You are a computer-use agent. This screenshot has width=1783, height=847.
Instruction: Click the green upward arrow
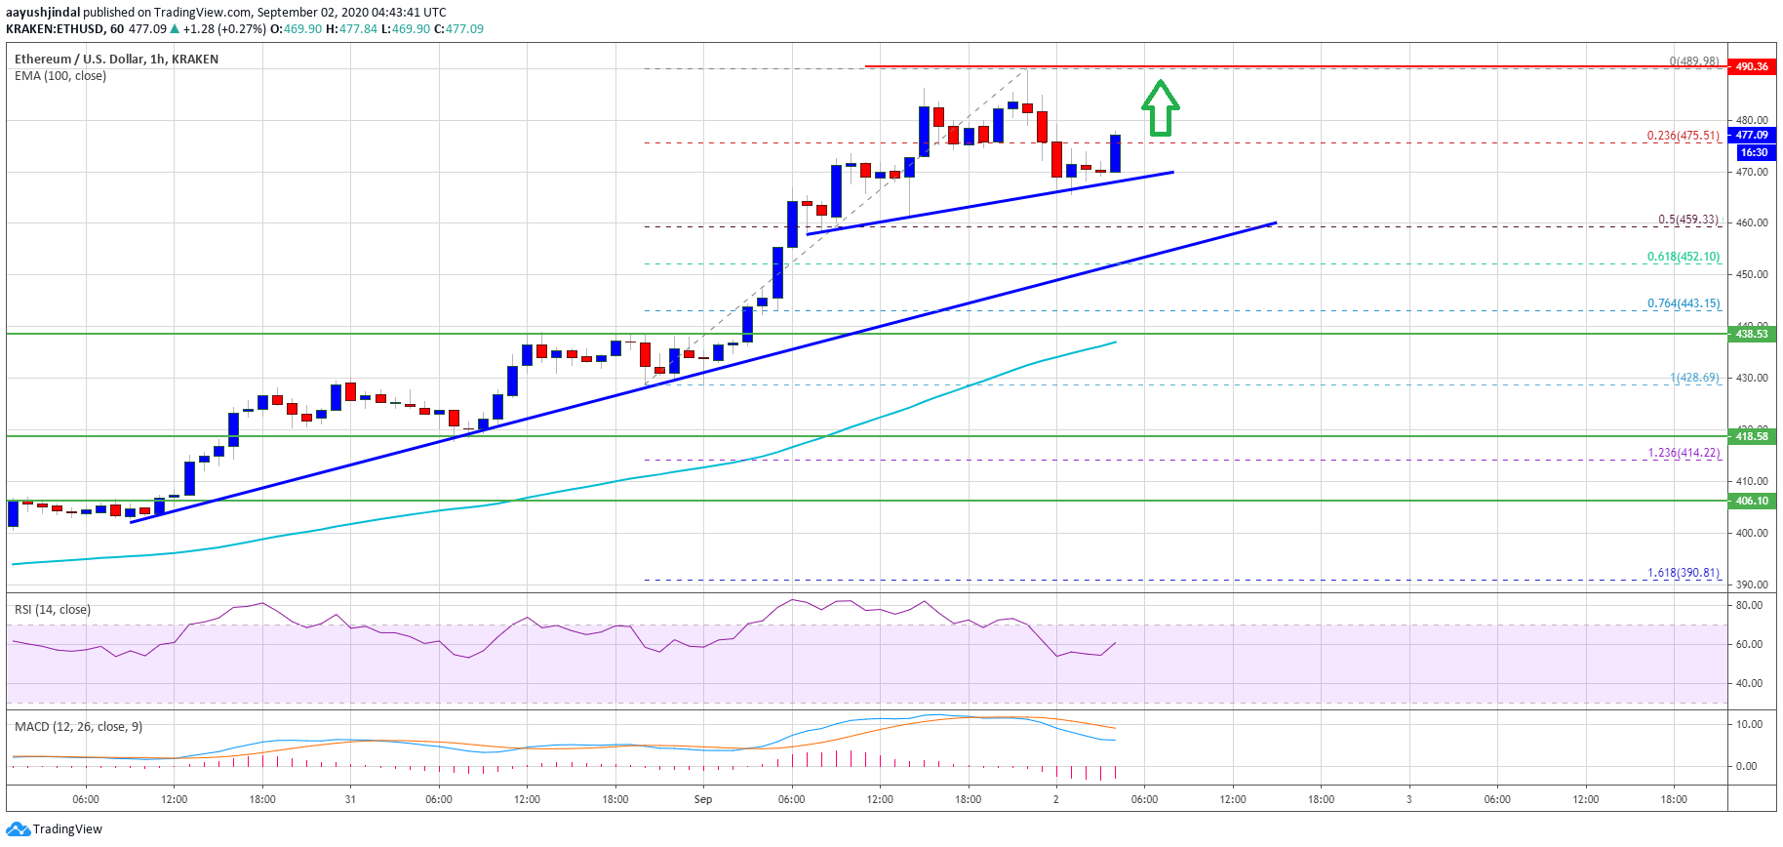point(1161,108)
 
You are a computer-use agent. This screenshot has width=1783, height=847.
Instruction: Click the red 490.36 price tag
point(1752,66)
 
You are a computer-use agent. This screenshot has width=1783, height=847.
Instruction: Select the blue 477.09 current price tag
point(1752,136)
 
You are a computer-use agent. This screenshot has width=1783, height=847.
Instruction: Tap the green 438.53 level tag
point(1752,334)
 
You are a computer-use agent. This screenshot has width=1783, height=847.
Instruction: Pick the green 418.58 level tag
point(1752,436)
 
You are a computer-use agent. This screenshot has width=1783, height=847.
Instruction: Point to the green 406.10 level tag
point(1752,501)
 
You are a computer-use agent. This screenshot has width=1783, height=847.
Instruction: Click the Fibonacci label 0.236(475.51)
point(1683,136)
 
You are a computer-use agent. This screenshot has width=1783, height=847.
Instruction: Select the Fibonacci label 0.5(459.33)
point(1688,220)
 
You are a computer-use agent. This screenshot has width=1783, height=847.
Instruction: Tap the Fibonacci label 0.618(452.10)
point(1684,257)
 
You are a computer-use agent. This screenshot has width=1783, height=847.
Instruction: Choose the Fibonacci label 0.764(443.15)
point(1684,303)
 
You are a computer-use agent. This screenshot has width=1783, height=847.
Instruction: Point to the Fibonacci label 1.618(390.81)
point(1684,573)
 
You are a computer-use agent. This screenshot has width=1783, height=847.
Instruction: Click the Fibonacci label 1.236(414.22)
point(1684,453)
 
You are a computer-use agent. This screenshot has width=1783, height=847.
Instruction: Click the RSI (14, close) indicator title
point(53,610)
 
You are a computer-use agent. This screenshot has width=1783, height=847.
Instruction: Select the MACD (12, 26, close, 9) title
point(78,727)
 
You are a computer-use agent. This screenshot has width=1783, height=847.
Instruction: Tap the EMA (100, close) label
point(60,76)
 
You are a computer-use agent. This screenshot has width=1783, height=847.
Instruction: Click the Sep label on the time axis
point(703,800)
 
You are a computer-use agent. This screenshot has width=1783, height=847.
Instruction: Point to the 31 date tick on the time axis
point(350,800)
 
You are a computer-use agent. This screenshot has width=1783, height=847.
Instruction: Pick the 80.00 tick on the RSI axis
point(1750,605)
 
